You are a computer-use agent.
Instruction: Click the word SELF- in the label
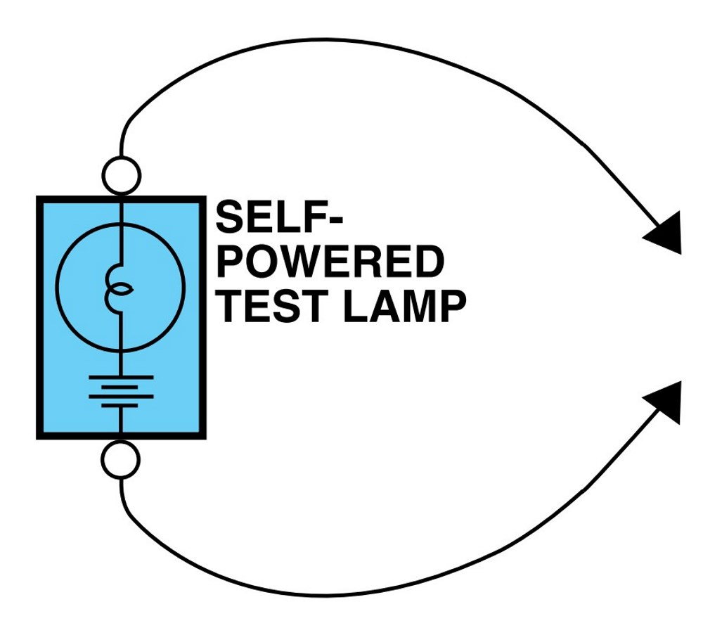coord(279,217)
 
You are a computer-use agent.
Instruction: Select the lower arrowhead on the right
coord(666,402)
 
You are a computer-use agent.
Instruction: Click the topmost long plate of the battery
coord(121,377)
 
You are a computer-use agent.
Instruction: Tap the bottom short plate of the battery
coord(120,406)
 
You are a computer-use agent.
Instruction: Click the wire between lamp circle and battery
coord(121,362)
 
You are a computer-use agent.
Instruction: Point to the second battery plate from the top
coord(120,387)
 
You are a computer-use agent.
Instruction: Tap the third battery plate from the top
coord(121,397)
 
